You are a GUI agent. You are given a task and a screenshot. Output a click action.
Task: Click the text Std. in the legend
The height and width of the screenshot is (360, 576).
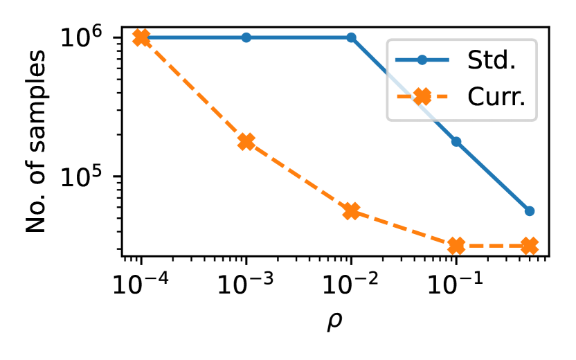pos(492,60)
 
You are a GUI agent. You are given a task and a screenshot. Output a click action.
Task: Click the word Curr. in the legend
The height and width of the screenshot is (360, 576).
pos(496,96)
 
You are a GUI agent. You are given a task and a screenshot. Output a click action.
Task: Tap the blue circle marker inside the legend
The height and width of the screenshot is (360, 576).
pos(422,60)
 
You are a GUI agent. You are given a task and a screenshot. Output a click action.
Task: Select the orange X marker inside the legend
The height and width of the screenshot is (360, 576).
pos(422,96)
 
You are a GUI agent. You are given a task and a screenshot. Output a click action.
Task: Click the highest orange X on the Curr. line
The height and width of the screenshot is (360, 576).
pos(141,37)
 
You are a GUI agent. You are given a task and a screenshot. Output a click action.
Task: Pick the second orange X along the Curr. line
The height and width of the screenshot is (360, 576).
pos(246,141)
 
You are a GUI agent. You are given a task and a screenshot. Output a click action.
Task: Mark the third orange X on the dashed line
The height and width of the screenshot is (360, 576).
pos(351,211)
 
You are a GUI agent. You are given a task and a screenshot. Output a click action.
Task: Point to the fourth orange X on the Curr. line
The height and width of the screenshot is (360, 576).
pos(456,246)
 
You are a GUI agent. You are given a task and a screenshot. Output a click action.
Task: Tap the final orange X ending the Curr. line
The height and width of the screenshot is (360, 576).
pos(530,246)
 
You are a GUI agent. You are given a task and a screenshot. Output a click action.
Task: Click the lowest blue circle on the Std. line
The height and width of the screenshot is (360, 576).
pos(530,211)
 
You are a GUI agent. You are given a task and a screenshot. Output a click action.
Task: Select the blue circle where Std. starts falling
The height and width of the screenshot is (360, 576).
pos(351,37)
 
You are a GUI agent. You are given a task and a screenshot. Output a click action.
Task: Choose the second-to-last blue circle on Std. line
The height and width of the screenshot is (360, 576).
pos(456,141)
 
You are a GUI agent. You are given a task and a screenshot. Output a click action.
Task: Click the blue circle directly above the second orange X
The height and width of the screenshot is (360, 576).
pos(246,37)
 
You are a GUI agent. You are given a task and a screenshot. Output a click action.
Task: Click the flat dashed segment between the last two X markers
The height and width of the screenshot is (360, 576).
pos(493,246)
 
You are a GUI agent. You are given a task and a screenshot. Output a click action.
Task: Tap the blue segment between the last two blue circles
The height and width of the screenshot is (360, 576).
pos(493,177)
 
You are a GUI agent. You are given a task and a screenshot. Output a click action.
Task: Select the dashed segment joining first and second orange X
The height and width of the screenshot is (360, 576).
pos(193,89)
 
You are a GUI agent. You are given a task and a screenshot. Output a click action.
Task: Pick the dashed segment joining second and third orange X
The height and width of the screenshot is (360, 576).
pos(298,177)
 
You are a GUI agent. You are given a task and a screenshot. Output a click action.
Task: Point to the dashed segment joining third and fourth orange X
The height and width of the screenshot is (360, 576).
pos(404,228)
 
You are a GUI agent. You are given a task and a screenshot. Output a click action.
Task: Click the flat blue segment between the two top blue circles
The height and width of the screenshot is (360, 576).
pos(298,37)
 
